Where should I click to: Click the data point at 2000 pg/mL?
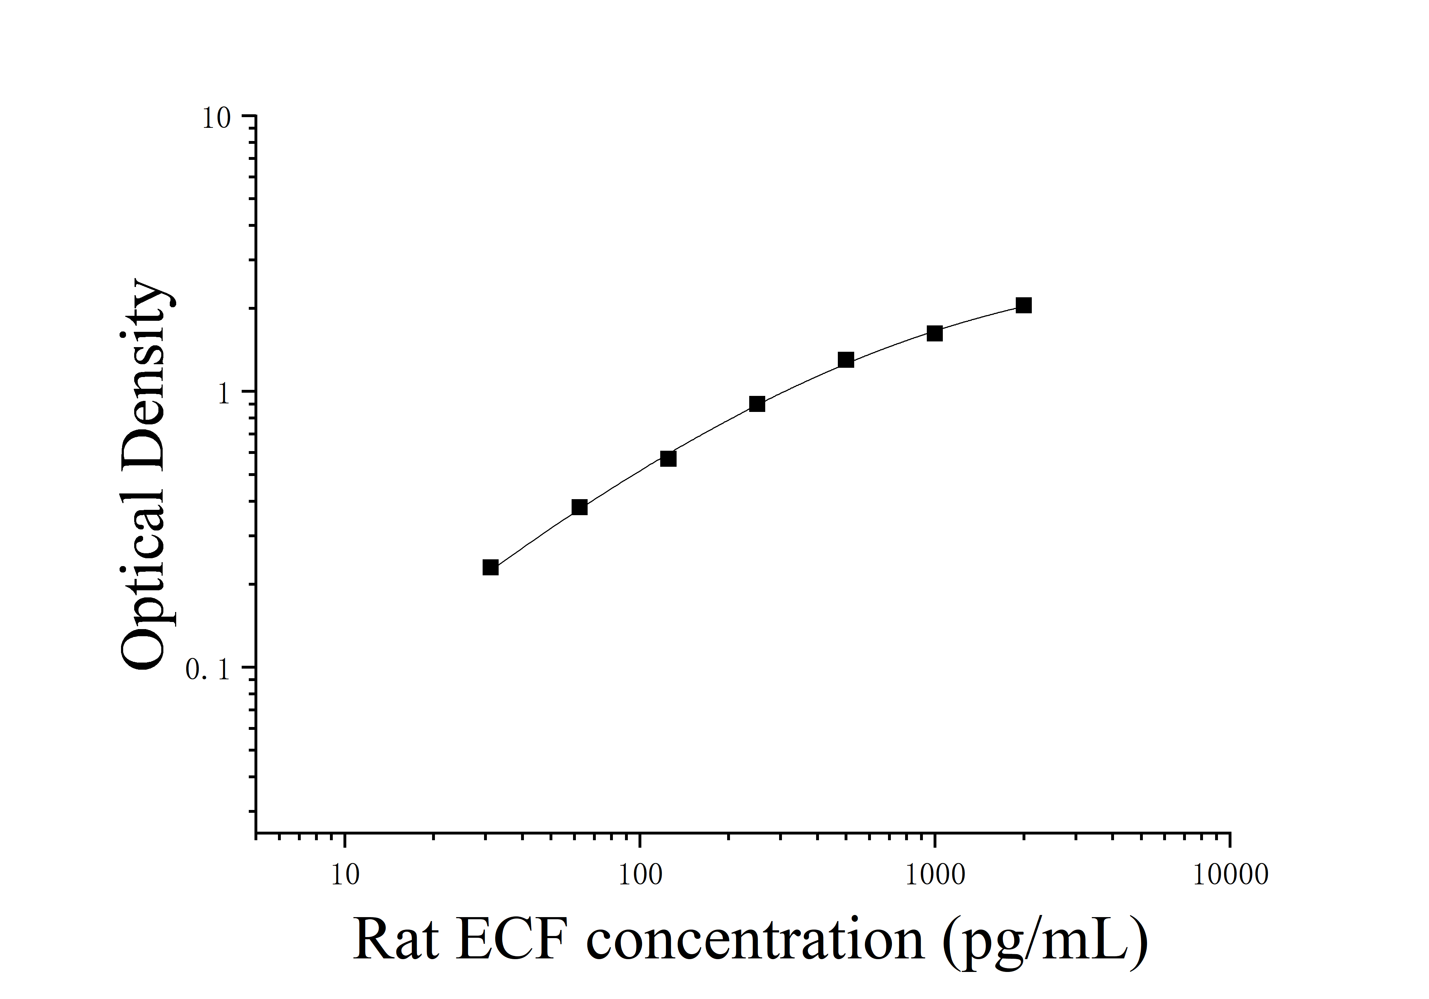(1023, 305)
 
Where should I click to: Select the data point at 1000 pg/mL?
(934, 334)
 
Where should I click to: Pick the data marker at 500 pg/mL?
(846, 360)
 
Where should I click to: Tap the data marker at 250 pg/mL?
(757, 404)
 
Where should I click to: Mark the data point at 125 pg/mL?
(668, 459)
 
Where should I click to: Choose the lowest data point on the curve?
(490, 568)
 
